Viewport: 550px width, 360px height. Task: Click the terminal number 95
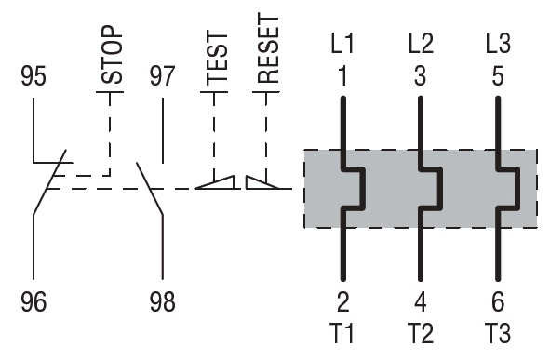pyautogui.click(x=34, y=75)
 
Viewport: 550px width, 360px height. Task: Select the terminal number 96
pyautogui.click(x=34, y=301)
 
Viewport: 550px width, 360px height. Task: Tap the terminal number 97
pyautogui.click(x=162, y=75)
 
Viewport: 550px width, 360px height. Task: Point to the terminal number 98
pyautogui.click(x=163, y=301)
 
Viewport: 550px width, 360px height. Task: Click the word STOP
pyautogui.click(x=113, y=54)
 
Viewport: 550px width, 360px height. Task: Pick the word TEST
pyautogui.click(x=217, y=58)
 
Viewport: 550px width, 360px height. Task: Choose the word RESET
pyautogui.click(x=268, y=48)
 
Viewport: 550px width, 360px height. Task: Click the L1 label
pyautogui.click(x=342, y=44)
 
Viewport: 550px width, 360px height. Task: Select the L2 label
pyautogui.click(x=421, y=44)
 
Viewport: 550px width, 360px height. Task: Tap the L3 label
pyautogui.click(x=498, y=44)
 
